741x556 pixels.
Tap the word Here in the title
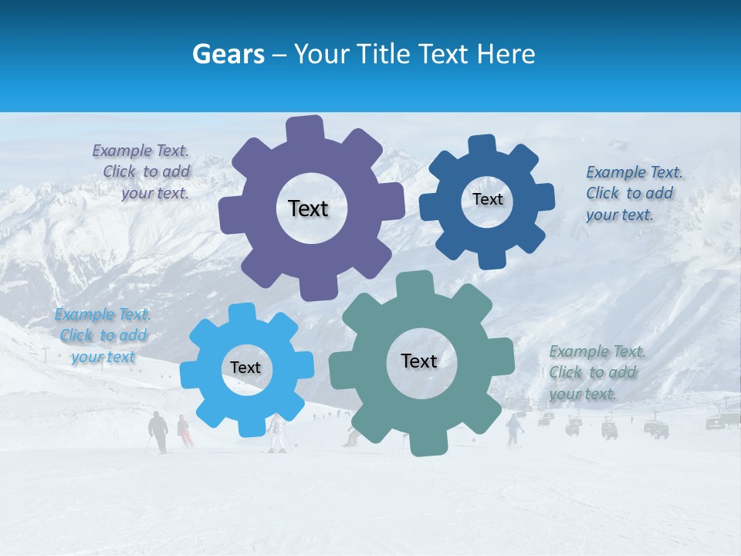pos(506,54)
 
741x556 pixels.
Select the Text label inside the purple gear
pos(308,208)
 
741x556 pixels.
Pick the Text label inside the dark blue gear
pos(487,199)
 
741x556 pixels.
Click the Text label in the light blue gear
pos(245,368)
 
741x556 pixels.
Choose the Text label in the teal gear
pos(419,361)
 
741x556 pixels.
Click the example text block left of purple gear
pos(142,172)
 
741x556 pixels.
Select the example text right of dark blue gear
pos(634,193)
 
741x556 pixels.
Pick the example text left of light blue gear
pos(103,335)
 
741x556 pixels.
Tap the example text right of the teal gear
pos(597,372)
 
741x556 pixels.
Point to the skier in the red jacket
pos(184,430)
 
